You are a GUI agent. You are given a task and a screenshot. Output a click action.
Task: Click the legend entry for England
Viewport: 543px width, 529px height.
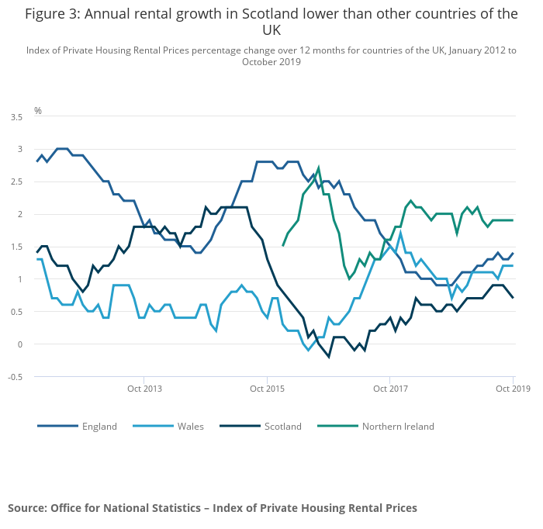point(99,426)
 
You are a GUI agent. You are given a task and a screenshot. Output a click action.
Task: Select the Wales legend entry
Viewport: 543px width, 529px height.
point(190,426)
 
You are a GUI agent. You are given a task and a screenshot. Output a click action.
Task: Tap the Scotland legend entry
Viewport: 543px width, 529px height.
point(282,426)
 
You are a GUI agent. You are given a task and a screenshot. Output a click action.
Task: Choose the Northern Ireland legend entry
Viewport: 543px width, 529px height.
point(397,426)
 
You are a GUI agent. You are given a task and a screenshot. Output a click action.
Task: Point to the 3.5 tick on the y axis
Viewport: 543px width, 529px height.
point(16,116)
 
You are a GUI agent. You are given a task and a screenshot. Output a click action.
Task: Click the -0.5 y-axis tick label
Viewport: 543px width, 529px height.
point(15,377)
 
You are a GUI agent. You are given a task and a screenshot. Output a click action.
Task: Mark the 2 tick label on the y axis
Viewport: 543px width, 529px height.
point(20,214)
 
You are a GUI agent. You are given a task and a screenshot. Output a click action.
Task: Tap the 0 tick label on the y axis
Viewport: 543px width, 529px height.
point(20,344)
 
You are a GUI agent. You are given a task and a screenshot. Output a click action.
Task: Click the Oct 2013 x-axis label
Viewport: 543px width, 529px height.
point(144,388)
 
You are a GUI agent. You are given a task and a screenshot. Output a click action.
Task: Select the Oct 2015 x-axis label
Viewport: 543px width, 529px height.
point(267,388)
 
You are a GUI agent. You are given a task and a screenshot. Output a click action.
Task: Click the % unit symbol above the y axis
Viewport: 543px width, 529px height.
point(37,111)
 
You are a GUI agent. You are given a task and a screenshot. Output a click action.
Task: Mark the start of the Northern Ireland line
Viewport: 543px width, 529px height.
point(283,246)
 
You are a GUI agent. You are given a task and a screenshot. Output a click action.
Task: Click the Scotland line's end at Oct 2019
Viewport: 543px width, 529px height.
point(513,298)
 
